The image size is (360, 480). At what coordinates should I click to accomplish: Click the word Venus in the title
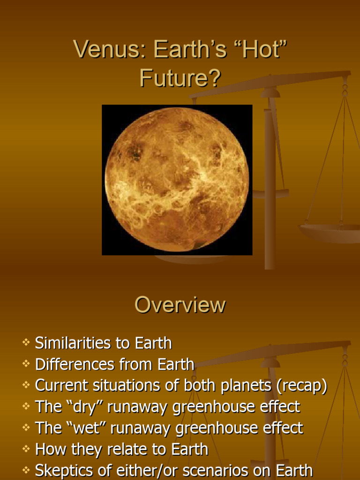[100, 50]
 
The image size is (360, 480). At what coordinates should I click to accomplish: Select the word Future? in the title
[180, 78]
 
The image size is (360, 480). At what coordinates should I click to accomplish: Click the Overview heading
[180, 305]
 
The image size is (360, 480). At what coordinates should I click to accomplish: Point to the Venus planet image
[177, 180]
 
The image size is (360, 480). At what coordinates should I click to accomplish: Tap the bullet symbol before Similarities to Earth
[26, 343]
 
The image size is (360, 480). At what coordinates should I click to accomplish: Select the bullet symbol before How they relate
[26, 449]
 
